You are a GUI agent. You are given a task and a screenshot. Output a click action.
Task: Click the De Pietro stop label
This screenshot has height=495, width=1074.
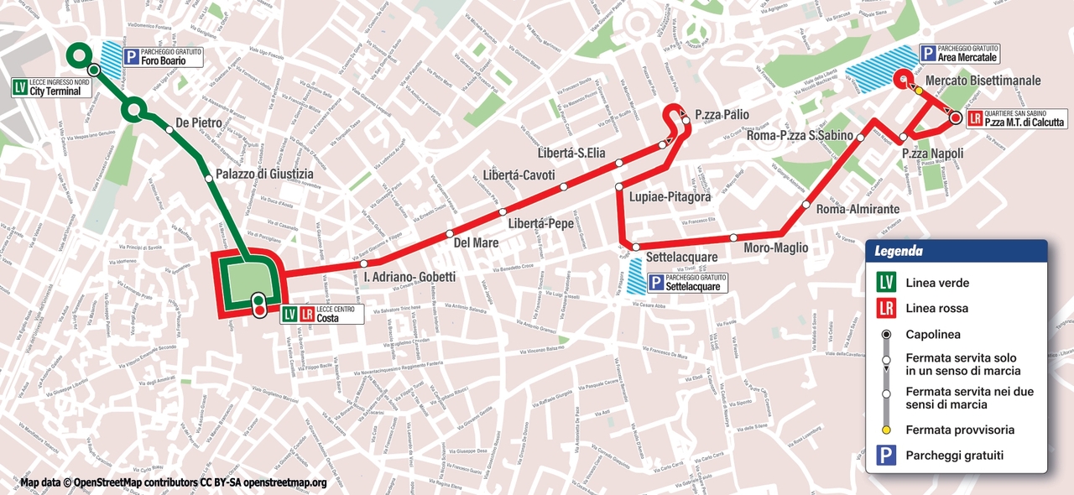tap(199, 123)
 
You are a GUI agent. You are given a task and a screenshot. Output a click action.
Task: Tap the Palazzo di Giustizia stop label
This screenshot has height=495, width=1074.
tap(264, 174)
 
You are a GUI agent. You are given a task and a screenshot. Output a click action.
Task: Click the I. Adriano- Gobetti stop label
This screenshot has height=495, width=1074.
tap(409, 277)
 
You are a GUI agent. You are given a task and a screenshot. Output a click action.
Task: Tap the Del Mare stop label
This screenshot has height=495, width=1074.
tap(476, 242)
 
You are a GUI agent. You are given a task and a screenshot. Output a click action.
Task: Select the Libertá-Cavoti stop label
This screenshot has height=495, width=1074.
tap(519, 175)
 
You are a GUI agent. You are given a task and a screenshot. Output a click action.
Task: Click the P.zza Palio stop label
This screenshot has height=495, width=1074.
tap(722, 115)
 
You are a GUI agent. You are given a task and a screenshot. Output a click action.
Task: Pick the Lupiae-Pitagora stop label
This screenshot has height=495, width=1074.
tap(670, 196)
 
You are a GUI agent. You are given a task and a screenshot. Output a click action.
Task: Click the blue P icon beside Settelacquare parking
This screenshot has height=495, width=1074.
tap(655, 283)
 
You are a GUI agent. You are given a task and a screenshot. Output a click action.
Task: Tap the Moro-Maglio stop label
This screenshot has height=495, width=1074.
tap(775, 247)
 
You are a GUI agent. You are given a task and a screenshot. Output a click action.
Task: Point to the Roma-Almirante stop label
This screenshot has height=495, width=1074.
tap(858, 209)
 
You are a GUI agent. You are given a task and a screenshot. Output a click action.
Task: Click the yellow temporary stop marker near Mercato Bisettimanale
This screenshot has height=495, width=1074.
tap(919, 91)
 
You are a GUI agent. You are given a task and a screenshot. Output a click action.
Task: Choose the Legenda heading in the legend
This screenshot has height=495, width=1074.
tap(899, 251)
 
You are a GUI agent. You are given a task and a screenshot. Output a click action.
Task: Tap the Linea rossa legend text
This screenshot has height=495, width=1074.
tap(936, 308)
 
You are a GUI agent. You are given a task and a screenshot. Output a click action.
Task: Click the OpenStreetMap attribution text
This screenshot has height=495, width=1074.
tap(173, 482)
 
